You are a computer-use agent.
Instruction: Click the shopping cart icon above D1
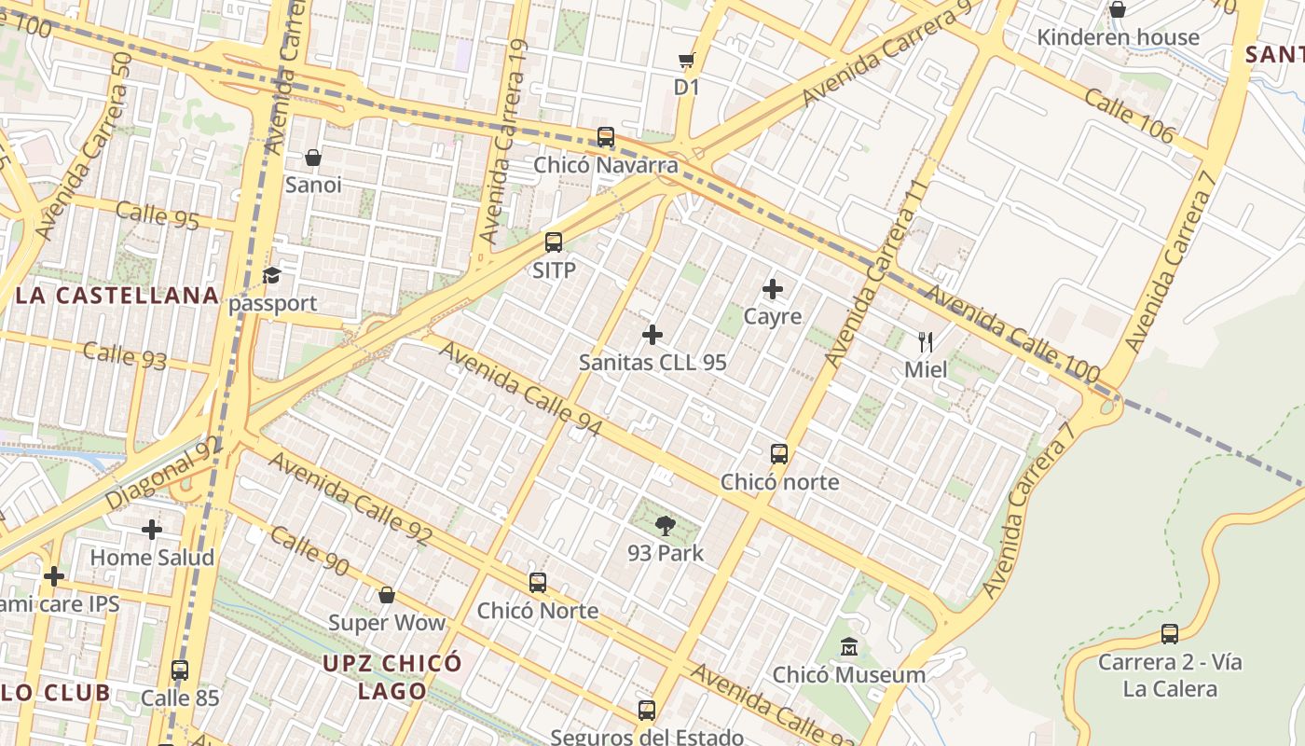687,61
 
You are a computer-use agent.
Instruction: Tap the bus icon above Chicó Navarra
606,138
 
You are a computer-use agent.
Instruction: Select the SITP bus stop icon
554,243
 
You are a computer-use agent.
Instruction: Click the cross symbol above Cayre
773,289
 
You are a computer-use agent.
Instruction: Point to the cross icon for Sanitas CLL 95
652,335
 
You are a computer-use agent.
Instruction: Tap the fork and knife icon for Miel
926,342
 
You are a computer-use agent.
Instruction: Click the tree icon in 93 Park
665,526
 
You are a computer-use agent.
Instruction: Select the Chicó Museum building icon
849,646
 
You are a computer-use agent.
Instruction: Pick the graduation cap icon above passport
271,276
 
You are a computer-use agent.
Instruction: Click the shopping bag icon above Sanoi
313,158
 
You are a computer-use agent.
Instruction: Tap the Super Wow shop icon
387,595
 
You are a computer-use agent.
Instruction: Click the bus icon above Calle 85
180,670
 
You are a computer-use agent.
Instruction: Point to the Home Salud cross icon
152,530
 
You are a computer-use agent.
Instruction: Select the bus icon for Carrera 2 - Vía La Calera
1170,634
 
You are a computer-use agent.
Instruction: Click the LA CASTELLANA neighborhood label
117,297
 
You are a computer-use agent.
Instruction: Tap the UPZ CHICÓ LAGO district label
392,677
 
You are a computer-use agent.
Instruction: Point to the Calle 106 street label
1129,117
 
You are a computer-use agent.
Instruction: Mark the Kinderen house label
1119,37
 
